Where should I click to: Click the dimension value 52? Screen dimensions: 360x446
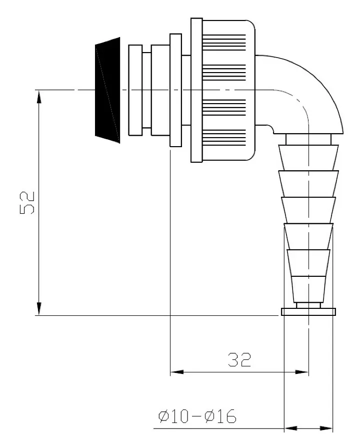coord(27,202)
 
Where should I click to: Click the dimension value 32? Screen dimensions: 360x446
coord(239,359)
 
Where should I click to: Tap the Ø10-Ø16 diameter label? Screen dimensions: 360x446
coord(197,416)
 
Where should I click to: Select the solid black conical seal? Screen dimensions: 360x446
coord(107,90)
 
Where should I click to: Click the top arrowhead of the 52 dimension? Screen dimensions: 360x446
coord(39,97)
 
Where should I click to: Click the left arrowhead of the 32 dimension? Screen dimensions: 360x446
coord(176,372)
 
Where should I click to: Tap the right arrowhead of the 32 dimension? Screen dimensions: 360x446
coord(302,372)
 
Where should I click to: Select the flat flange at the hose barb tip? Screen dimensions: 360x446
coord(308,312)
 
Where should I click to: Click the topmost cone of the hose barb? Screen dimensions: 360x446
coord(308,158)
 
